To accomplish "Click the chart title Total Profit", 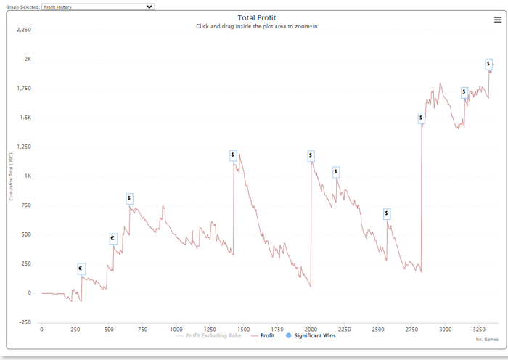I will [x=257, y=17].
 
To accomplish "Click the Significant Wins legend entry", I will [x=311, y=335].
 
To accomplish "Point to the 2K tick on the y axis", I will [x=26, y=60].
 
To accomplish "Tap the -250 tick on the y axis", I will [x=24, y=322].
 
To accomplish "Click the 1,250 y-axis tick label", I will [x=22, y=147].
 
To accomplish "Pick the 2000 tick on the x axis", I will [x=311, y=329].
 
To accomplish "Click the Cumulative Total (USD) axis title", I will [x=11, y=176].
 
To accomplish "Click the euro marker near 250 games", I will [x=81, y=269].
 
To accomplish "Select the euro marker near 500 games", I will [x=113, y=238].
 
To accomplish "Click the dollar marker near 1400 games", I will [x=233, y=155].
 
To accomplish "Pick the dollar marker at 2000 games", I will [x=311, y=155].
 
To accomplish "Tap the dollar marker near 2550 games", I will [x=387, y=213].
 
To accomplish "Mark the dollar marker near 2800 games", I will [x=421, y=118].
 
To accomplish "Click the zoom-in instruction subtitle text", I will [x=257, y=26].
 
